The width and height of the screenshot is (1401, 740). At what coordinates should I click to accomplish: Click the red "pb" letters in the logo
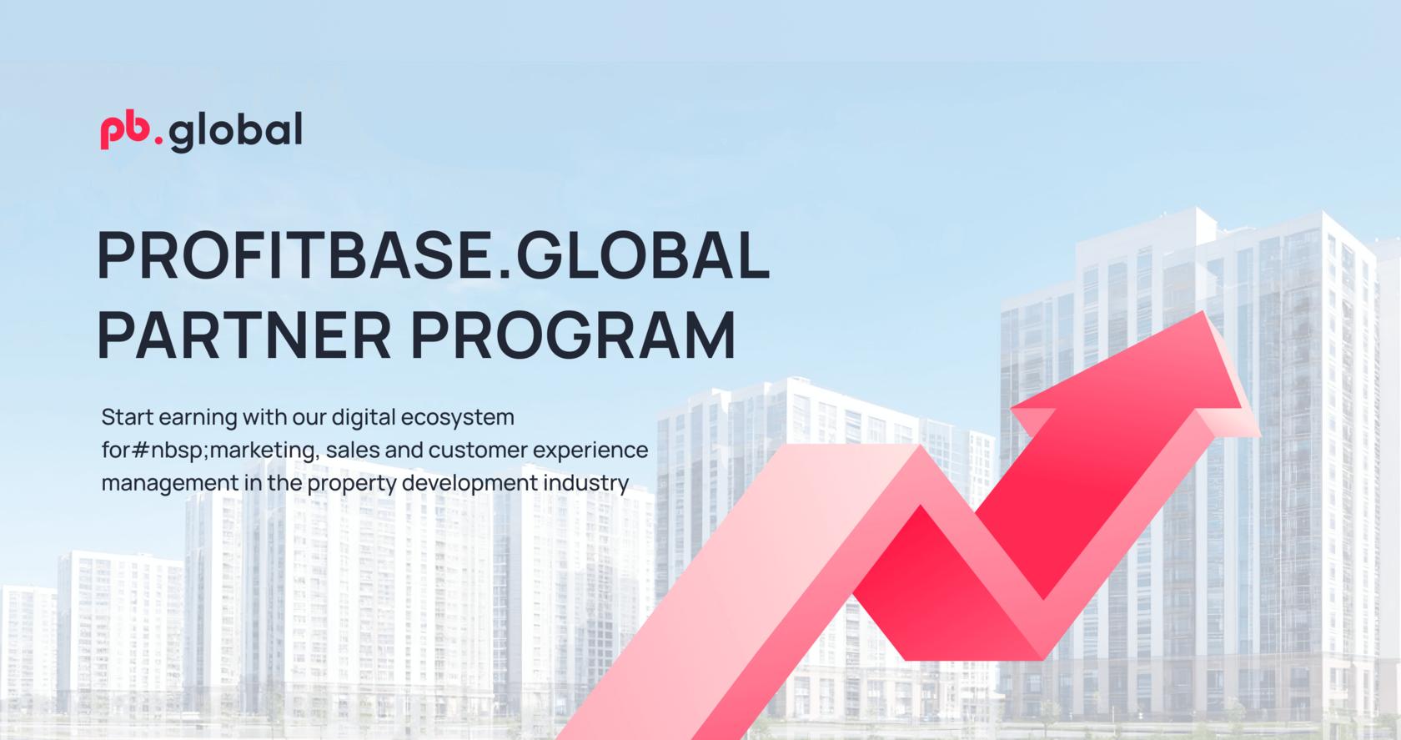click(125, 131)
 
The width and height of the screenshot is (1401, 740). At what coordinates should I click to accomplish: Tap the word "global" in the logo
click(236, 132)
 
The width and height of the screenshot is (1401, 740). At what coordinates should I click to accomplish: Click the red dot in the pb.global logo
click(158, 141)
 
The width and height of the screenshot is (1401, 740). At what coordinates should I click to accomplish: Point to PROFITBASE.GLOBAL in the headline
click(433, 255)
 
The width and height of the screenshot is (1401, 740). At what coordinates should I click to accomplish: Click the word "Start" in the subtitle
click(128, 417)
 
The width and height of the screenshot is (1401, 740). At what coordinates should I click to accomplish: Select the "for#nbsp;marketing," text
click(210, 451)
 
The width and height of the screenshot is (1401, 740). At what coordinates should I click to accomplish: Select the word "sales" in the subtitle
click(353, 451)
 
